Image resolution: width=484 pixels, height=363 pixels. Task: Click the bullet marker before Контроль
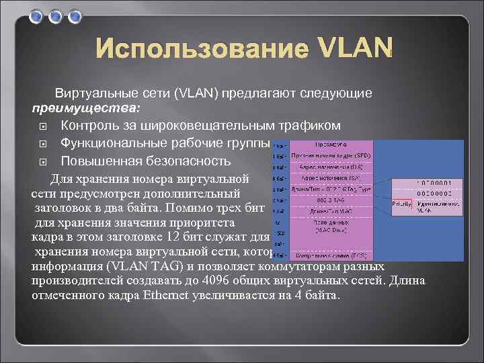pos(42,126)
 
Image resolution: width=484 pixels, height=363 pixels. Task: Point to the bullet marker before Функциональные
pos(42,144)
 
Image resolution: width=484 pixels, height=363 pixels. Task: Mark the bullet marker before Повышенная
pos(42,162)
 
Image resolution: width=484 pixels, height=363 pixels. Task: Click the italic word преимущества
pos(86,108)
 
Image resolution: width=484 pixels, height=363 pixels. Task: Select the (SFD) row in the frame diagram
pos(331,157)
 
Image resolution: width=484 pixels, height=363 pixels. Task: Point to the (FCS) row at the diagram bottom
pos(331,256)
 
